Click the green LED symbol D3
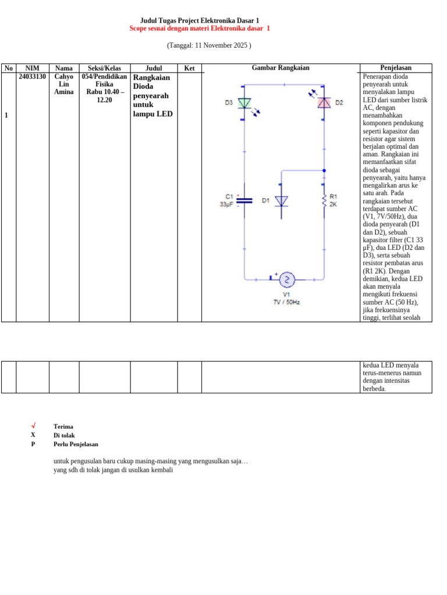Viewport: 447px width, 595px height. (x=244, y=103)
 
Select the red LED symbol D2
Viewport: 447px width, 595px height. (x=324, y=103)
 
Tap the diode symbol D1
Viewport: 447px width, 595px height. (x=281, y=201)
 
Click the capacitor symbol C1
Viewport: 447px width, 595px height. (x=244, y=200)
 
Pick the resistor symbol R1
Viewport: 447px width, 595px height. (x=324, y=200)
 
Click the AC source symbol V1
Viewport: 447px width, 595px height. (x=287, y=279)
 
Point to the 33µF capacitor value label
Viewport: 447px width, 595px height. (x=226, y=204)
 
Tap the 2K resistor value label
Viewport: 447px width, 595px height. (x=333, y=204)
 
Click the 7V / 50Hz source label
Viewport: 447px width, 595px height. (x=286, y=302)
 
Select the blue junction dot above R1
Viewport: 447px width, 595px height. (x=324, y=171)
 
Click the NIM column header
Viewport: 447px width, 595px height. (x=33, y=69)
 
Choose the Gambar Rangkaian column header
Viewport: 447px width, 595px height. (x=281, y=68)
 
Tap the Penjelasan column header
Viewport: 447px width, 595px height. (x=396, y=68)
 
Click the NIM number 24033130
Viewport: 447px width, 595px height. (x=33, y=77)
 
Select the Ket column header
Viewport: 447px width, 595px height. (x=189, y=69)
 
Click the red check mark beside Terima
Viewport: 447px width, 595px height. (x=33, y=425)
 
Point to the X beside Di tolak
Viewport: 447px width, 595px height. (x=33, y=435)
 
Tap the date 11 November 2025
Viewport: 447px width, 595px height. (x=221, y=45)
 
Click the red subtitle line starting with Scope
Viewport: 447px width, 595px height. (x=200, y=28)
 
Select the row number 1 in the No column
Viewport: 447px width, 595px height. (x=6, y=116)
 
